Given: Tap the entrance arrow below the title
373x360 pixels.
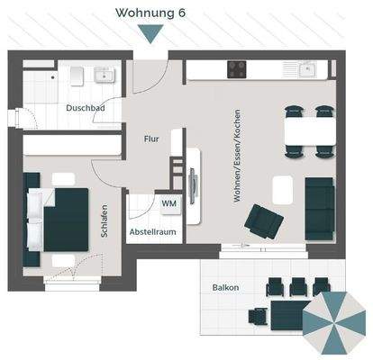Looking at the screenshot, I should point(153,34).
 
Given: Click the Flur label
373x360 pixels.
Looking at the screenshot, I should point(151,139).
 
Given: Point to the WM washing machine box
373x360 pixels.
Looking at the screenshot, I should point(168,204).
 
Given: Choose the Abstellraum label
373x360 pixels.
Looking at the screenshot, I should point(152,231).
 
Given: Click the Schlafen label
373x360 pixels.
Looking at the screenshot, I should point(105,219).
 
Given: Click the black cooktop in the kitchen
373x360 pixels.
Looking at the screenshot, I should point(238,68).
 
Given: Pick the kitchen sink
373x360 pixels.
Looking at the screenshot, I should point(305,67).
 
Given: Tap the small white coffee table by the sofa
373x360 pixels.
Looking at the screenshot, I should point(284,188).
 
